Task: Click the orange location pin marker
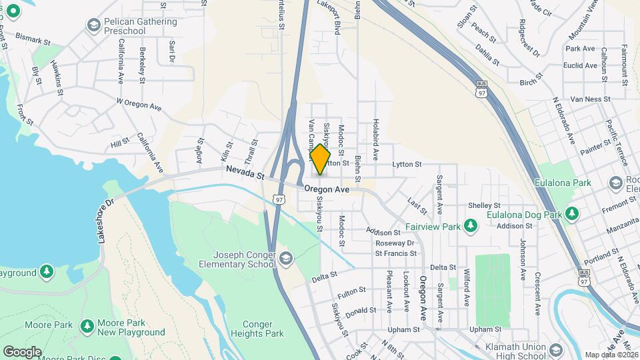[x=320, y=159]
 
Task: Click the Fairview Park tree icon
[x=471, y=226]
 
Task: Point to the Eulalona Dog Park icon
[x=571, y=214]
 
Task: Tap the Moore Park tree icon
[x=86, y=325]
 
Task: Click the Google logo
[x=22, y=351]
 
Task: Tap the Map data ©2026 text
[x=611, y=355]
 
